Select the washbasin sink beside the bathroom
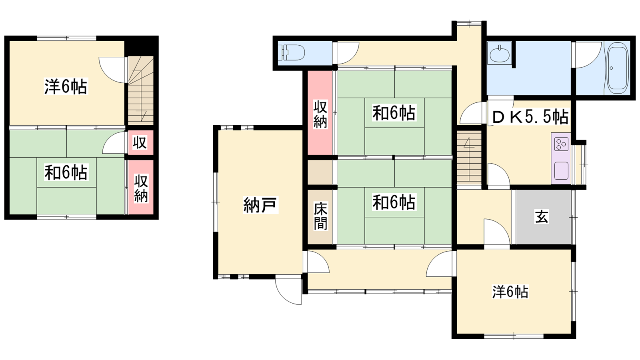[x=499, y=54]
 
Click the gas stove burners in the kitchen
[x=561, y=144]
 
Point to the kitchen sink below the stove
[x=561, y=171]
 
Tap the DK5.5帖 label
[x=530, y=117]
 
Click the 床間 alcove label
[x=320, y=216]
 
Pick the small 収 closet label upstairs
[x=140, y=142]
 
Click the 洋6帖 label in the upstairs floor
[x=66, y=86]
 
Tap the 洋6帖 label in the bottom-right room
[x=510, y=292]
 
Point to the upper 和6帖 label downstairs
[x=394, y=112]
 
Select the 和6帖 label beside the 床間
[x=394, y=202]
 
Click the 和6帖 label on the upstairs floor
[x=66, y=172]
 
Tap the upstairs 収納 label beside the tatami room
[x=141, y=189]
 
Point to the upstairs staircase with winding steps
[x=140, y=90]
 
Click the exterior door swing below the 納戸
[x=288, y=290]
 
